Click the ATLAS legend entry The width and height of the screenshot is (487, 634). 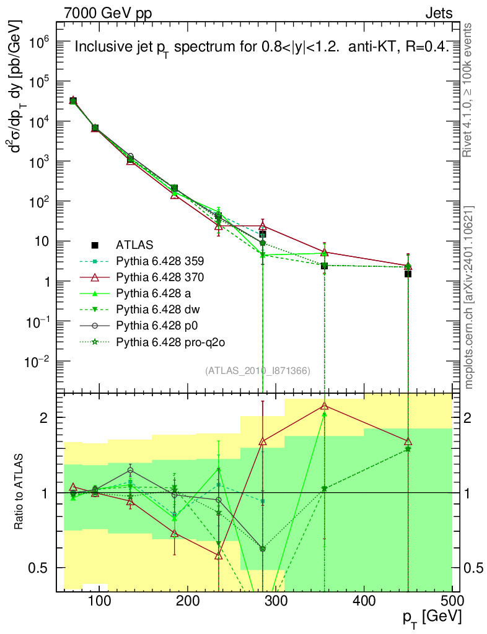[x=134, y=244]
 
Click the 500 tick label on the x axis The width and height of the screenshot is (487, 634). [x=451, y=601]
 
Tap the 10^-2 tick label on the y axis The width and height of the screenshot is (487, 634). [x=37, y=362]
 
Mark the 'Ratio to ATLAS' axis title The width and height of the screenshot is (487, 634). [x=20, y=492]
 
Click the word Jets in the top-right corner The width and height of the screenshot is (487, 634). [x=439, y=13]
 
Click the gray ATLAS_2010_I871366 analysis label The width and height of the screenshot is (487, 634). [x=258, y=370]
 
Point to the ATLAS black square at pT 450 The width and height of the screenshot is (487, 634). [x=408, y=274]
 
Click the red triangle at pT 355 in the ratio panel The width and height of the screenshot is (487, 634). [x=324, y=406]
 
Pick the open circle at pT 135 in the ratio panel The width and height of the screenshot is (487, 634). [x=130, y=471]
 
